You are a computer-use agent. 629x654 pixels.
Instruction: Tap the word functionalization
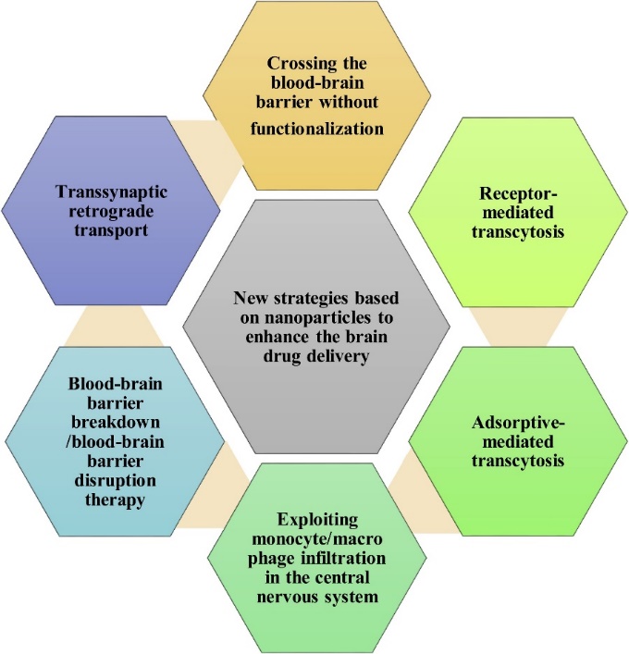point(317,129)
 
